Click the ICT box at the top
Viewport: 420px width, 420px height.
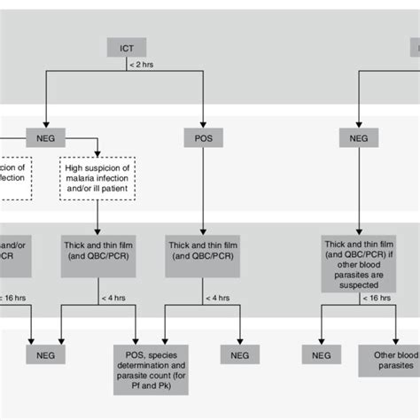(127, 47)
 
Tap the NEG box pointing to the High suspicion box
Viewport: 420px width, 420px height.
(44, 137)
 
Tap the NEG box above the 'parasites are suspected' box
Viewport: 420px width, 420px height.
(359, 137)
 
